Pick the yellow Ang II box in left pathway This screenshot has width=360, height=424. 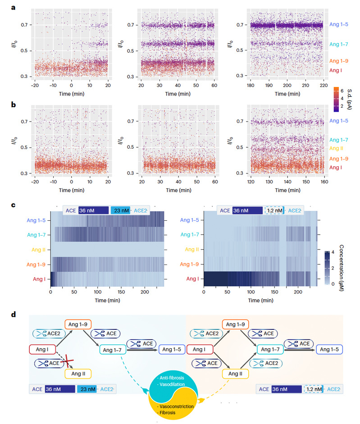[78, 374]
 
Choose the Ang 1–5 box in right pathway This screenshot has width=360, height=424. [329, 349]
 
